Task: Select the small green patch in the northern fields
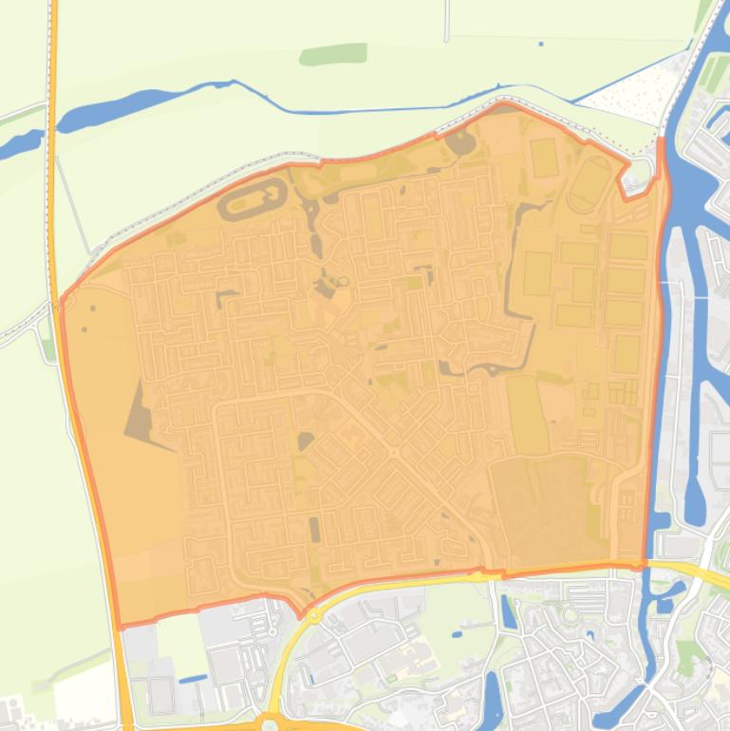coord(333,54)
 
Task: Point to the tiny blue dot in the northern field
coord(541,44)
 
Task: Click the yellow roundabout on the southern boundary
coord(314,615)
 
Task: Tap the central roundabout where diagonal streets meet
coord(393,453)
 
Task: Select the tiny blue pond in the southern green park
coord(458,633)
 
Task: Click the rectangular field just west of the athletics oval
coord(544,158)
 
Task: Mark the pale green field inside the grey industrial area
coord(181,646)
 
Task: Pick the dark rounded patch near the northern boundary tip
coord(460,143)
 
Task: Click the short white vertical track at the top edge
coord(445,21)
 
